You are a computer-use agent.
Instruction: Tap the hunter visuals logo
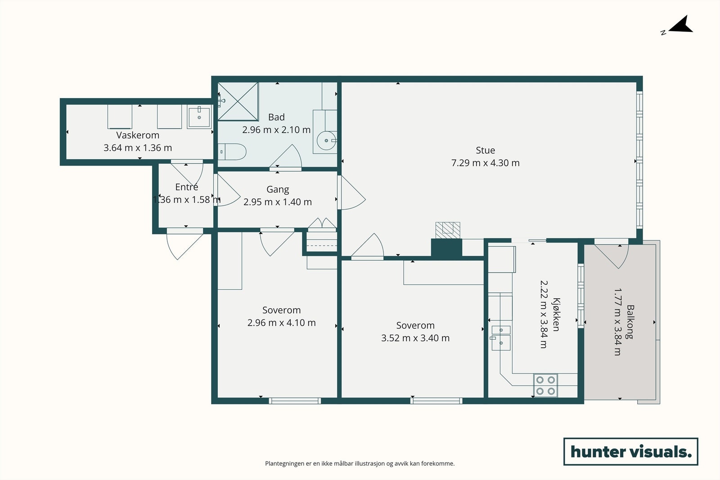click(630, 451)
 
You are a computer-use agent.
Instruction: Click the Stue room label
click(486, 150)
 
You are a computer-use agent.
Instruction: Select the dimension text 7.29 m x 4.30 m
click(486, 163)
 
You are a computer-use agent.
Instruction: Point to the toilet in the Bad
click(232, 152)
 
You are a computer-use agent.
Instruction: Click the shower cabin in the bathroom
click(238, 102)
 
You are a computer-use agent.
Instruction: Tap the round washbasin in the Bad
click(327, 140)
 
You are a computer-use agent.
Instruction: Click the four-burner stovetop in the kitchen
click(545, 385)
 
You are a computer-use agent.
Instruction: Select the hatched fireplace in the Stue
click(448, 230)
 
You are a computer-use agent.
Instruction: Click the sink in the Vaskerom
click(199, 117)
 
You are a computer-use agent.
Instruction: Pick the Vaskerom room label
click(138, 135)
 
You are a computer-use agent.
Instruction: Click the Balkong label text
click(630, 322)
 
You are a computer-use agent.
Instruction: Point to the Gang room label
click(278, 189)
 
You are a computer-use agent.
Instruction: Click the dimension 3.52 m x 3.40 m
click(415, 338)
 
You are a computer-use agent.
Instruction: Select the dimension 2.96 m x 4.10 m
click(282, 323)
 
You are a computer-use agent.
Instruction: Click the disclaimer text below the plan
click(360, 463)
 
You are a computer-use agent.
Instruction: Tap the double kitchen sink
click(501, 338)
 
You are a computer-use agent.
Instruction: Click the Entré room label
click(186, 187)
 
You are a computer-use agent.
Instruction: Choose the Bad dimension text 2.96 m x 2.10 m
click(276, 130)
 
